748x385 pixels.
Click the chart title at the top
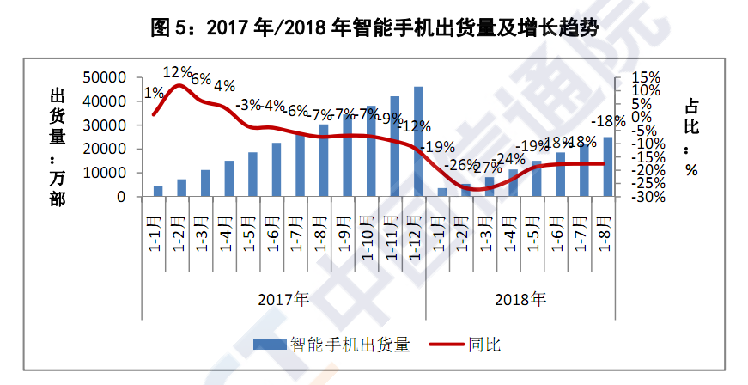[x=374, y=27]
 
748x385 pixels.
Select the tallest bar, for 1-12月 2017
[x=418, y=142]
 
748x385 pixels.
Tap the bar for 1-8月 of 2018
[x=607, y=167]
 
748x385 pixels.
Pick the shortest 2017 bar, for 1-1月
[x=158, y=191]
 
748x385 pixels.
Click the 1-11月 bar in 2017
[x=395, y=146]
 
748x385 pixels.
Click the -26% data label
[x=465, y=164]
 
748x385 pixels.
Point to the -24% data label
[x=512, y=159]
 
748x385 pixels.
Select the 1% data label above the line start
[x=155, y=94]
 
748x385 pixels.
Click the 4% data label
[x=225, y=85]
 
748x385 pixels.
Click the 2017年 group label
[x=284, y=300]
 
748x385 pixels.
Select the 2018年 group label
[x=520, y=300]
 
